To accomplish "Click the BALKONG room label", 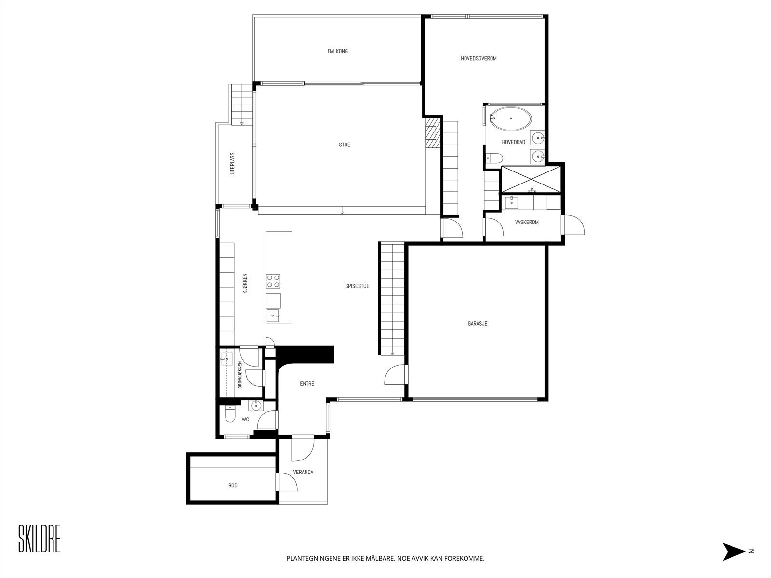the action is (338, 51).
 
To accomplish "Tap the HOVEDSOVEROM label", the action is (479, 59).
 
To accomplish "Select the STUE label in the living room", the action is (344, 144).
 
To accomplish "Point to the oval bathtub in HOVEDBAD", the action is (511, 119).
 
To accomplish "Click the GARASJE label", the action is (478, 324).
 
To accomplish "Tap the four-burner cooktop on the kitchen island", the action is (273, 281).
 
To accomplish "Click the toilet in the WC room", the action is (230, 415).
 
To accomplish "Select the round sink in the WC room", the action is (255, 406).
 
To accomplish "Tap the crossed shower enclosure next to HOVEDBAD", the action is (531, 179).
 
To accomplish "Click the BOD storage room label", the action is (233, 486).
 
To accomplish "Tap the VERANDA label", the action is (303, 472).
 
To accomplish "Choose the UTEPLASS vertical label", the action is (232, 164).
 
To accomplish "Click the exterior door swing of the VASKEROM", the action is (573, 224).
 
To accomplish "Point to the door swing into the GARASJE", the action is (396, 374).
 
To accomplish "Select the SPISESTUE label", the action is (357, 286).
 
